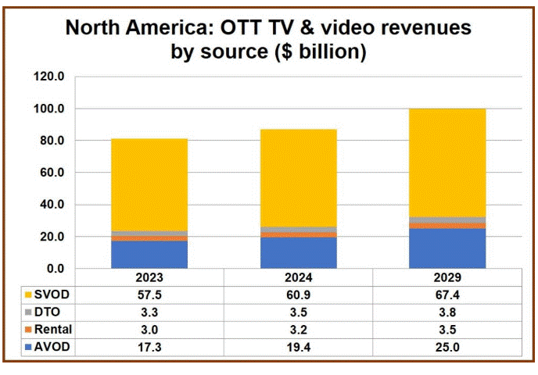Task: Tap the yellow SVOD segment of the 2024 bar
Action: [298, 178]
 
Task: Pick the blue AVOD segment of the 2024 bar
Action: [298, 253]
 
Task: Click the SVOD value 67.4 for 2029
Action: [447, 295]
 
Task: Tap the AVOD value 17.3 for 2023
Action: [149, 347]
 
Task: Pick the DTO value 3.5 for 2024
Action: [298, 312]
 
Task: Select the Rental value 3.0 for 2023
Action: [149, 330]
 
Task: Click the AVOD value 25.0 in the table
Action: [447, 347]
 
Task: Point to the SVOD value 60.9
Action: [298, 295]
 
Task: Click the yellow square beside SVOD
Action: [28, 295]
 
